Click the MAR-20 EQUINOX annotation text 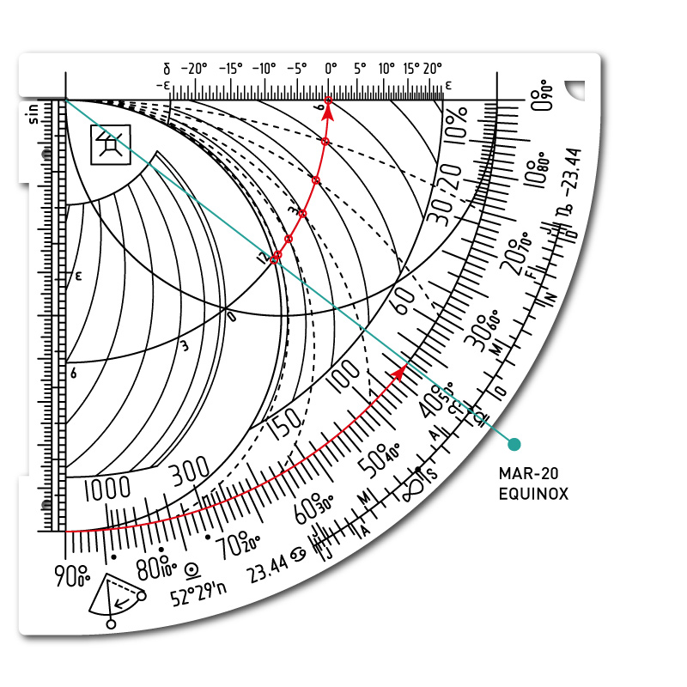pos(533,483)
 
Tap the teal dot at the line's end pos(514,444)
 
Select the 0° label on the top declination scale pos(331,68)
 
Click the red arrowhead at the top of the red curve pos(329,106)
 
